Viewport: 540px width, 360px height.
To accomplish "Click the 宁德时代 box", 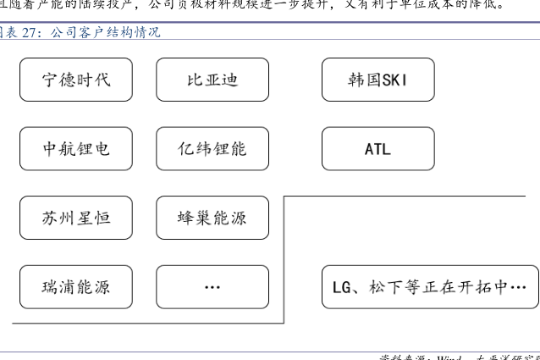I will point(76,80).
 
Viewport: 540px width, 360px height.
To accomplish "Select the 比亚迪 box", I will point(212,80).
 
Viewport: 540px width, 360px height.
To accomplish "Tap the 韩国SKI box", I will point(377,80).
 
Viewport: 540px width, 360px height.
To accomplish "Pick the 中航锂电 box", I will point(76,149).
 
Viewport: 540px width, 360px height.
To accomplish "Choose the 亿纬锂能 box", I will point(212,149).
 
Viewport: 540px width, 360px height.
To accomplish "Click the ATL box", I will point(377,149).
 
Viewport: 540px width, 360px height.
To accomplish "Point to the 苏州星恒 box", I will point(76,218).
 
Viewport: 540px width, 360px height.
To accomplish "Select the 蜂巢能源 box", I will point(212,218).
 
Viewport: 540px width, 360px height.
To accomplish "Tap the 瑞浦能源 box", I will point(76,286).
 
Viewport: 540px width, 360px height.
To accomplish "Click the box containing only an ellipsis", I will point(212,286).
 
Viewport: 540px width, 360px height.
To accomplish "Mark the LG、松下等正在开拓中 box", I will point(430,286).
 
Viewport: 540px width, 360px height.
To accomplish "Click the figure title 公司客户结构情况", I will point(105,33).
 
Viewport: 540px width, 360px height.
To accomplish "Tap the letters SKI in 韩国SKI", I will point(395,80).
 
